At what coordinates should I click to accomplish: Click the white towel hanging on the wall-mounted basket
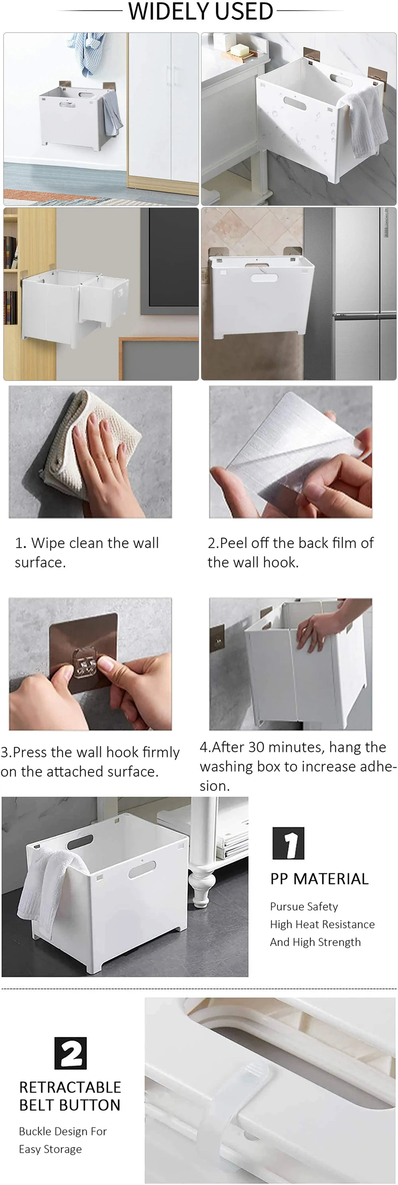pos(367,119)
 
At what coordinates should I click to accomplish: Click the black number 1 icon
pos(289,843)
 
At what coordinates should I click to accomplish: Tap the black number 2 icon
pos(70,1053)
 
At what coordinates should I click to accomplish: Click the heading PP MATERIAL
pos(319,879)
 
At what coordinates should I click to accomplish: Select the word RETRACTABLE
pos(70,1087)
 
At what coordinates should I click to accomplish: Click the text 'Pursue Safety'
pos(304,907)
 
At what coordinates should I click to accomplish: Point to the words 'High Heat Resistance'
pos(322,924)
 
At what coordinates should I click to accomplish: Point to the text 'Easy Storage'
pos(50,1149)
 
